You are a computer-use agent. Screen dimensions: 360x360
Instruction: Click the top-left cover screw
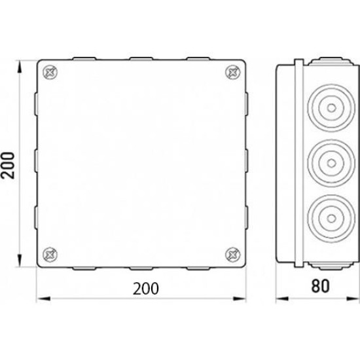(50, 72)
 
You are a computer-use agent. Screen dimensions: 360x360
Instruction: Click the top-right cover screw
(233, 72)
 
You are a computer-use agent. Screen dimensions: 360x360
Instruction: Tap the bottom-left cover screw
(50, 255)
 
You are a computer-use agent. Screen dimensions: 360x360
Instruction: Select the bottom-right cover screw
(233, 255)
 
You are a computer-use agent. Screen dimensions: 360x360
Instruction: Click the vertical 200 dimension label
(8, 166)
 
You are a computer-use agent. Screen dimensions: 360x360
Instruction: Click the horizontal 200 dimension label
(146, 289)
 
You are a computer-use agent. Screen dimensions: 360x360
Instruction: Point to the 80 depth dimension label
(320, 286)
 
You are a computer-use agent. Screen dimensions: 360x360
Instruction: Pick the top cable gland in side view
(331, 108)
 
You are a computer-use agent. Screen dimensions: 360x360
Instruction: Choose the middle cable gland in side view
(331, 163)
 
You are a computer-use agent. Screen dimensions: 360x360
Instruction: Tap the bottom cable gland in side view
(331, 219)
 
